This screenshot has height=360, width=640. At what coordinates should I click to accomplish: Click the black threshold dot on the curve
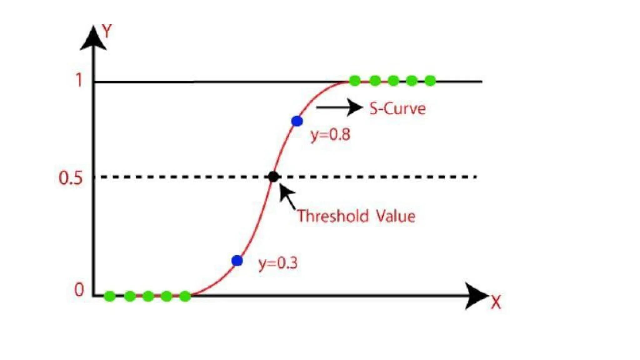(273, 177)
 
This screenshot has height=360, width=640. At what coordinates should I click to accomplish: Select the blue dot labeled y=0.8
(297, 121)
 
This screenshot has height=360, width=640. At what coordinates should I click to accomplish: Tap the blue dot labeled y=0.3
(237, 260)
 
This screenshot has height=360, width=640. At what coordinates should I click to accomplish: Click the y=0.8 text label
(330, 135)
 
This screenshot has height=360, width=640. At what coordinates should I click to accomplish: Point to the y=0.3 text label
(278, 263)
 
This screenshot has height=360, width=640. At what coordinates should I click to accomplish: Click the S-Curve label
(397, 109)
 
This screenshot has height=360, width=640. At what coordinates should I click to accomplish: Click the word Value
(395, 216)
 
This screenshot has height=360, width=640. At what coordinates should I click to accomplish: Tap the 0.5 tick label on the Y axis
(71, 178)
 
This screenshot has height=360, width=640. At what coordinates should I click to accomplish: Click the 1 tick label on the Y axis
(79, 80)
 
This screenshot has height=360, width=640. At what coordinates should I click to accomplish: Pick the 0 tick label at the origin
(79, 290)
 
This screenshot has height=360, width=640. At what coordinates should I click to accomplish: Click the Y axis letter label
(107, 31)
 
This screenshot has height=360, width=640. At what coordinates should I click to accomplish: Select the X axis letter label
(496, 302)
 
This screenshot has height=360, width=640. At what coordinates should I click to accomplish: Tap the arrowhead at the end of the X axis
(476, 296)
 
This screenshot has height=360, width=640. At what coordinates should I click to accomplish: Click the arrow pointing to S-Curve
(339, 107)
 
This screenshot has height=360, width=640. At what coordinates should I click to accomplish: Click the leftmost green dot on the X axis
(110, 296)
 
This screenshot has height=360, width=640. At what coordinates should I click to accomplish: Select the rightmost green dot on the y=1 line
(430, 80)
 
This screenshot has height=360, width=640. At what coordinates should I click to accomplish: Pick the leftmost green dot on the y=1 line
(355, 80)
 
